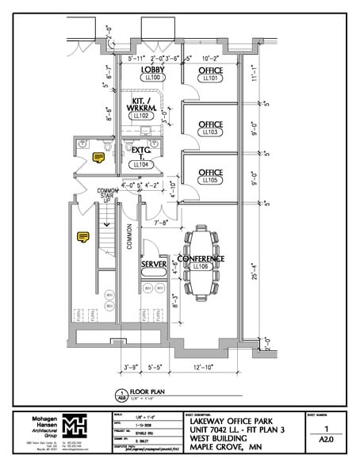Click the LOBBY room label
(x=153, y=70)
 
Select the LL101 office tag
(x=211, y=79)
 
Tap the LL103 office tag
(x=211, y=132)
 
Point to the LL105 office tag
(x=211, y=180)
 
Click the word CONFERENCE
(x=201, y=259)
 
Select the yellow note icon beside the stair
(x=82, y=235)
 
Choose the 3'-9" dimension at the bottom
(x=132, y=368)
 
